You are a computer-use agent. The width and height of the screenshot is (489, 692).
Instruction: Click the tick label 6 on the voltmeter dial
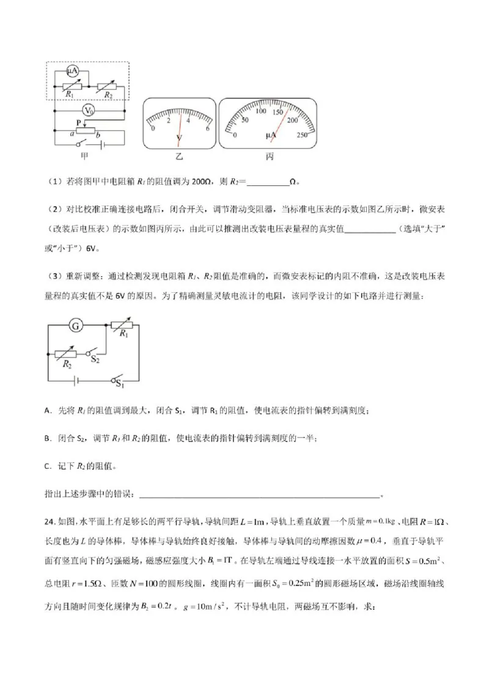(208, 128)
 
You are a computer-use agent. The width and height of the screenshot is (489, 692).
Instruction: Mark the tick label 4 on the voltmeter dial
(188, 120)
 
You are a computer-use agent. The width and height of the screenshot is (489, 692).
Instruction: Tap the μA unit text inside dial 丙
(271, 134)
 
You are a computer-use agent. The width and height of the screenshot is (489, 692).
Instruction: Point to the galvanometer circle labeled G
(76, 326)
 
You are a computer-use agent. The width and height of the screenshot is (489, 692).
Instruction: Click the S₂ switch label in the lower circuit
(95, 361)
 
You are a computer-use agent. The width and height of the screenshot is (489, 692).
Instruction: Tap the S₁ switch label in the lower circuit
(120, 385)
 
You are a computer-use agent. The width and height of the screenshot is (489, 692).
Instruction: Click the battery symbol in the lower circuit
(74, 380)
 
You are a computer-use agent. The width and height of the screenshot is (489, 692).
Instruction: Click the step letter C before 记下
(47, 466)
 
